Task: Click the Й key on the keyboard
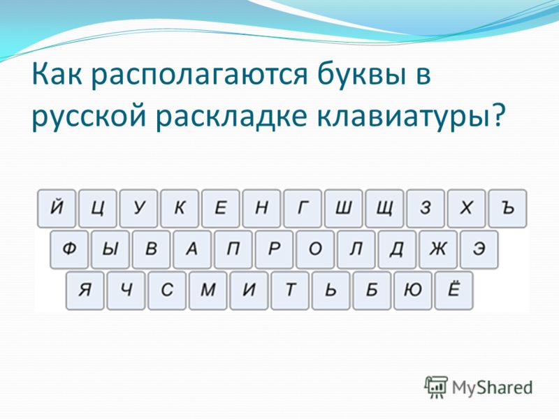point(57,208)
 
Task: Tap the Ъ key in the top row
point(508,208)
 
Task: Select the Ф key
point(68,249)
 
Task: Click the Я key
point(85,291)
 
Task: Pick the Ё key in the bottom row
point(454,291)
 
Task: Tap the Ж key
point(438,249)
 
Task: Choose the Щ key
point(385,208)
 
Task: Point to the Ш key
point(344,208)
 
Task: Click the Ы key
point(110,249)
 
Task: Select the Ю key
point(413,291)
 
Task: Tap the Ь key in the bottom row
point(331,291)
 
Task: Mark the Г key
point(303,208)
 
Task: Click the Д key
point(397,249)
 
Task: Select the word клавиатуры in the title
point(402,117)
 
